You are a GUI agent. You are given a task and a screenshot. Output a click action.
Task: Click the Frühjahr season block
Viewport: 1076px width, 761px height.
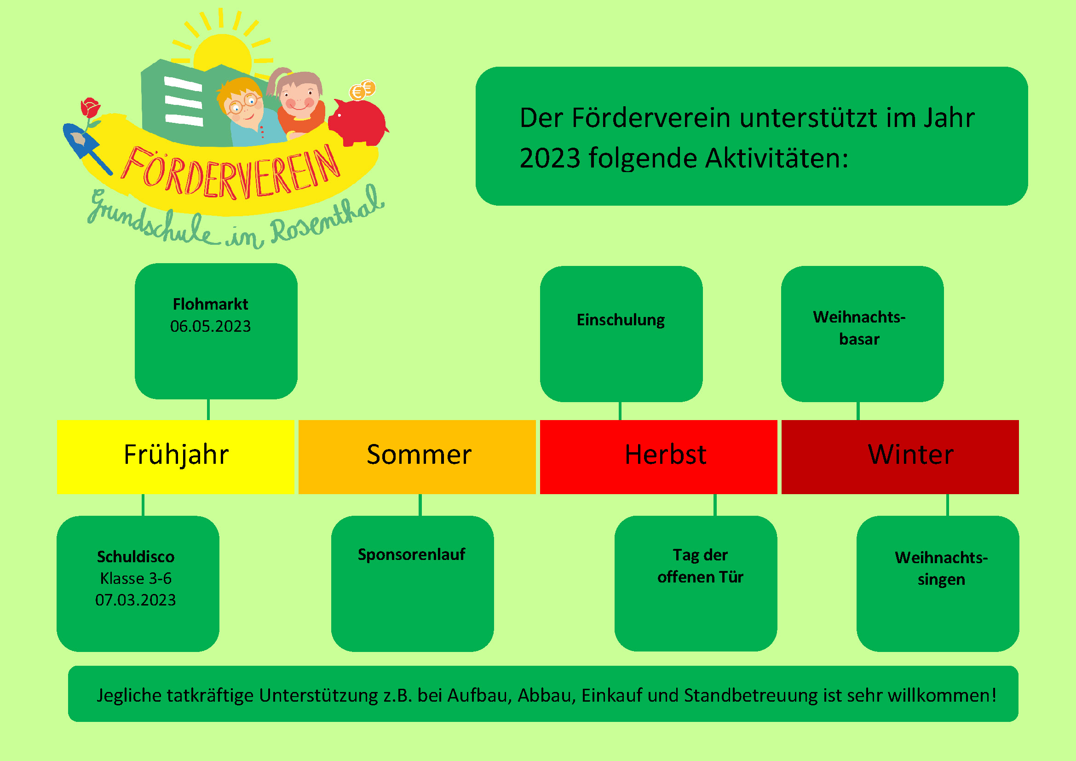tap(175, 457)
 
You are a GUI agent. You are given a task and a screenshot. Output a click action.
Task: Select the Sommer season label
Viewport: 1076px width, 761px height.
tap(419, 455)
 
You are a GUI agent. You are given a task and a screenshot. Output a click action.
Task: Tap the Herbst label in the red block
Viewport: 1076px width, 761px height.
tap(666, 455)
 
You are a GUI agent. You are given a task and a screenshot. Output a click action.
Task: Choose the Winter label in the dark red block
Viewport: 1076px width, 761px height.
tap(910, 455)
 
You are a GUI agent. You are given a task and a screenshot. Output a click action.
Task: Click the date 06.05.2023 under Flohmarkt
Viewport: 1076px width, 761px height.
tap(210, 326)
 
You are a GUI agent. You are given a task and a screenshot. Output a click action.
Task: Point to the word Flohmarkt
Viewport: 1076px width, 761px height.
tap(210, 304)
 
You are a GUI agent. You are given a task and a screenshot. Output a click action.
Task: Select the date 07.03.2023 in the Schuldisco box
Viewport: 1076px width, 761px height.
tap(135, 600)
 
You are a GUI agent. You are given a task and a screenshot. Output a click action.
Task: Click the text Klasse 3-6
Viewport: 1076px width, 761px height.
tap(135, 578)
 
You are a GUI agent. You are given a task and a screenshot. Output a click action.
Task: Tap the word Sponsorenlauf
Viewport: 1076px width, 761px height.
tap(411, 554)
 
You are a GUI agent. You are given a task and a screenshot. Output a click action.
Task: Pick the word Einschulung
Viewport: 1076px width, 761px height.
tap(621, 320)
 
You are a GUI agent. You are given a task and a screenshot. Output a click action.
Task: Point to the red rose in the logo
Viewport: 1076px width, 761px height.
tap(90, 108)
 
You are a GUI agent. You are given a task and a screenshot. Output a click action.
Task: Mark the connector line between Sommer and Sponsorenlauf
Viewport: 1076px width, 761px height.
tap(420, 505)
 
